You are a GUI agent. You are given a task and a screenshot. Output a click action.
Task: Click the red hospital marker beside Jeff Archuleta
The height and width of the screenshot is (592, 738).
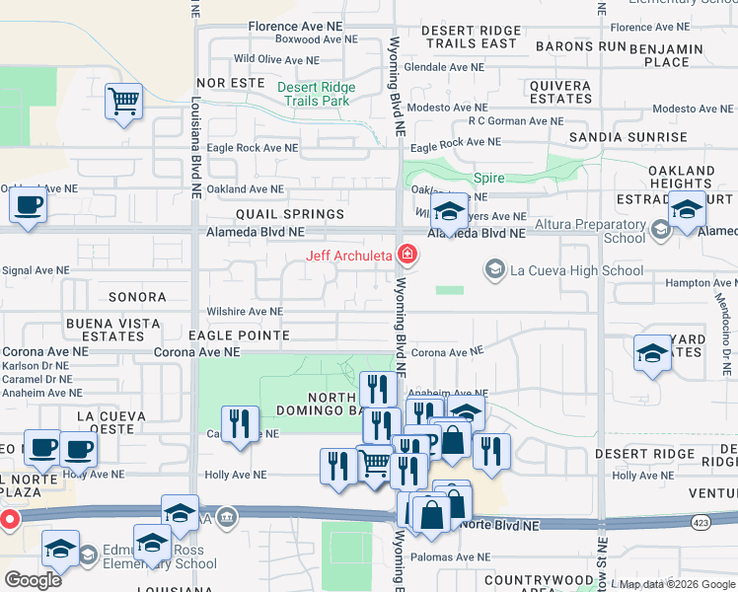click(406, 256)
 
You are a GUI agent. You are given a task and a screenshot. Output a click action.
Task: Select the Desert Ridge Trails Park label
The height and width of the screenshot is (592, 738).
click(314, 94)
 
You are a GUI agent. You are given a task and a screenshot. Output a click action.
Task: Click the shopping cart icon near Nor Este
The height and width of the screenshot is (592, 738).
click(124, 101)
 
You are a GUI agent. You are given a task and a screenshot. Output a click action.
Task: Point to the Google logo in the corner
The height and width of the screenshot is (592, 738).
click(33, 580)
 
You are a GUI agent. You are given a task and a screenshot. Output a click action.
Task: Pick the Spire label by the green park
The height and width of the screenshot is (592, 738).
click(488, 179)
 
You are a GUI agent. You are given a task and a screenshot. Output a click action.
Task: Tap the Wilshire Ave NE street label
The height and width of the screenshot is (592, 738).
click(244, 312)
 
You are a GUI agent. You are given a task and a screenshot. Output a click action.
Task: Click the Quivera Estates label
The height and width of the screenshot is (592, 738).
click(560, 93)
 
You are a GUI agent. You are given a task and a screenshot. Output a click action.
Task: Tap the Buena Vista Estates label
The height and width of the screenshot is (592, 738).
click(112, 330)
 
